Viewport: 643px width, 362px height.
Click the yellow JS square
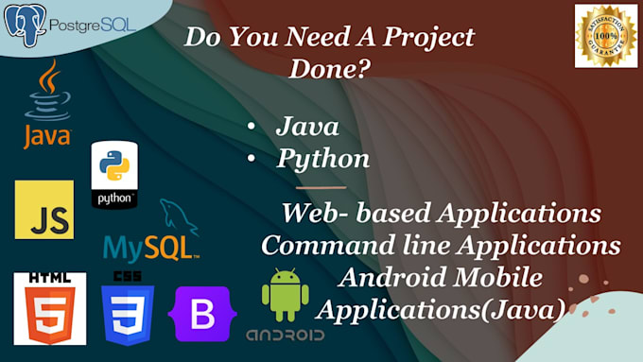coord(43,210)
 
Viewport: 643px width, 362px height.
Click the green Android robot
coord(285,294)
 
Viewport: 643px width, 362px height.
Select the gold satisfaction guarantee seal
coord(605,35)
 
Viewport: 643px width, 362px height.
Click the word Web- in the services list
coord(319,214)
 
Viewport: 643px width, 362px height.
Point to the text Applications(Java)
coord(443,308)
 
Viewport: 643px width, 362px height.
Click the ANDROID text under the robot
coord(285,336)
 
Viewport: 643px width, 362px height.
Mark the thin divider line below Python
coord(321,188)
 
